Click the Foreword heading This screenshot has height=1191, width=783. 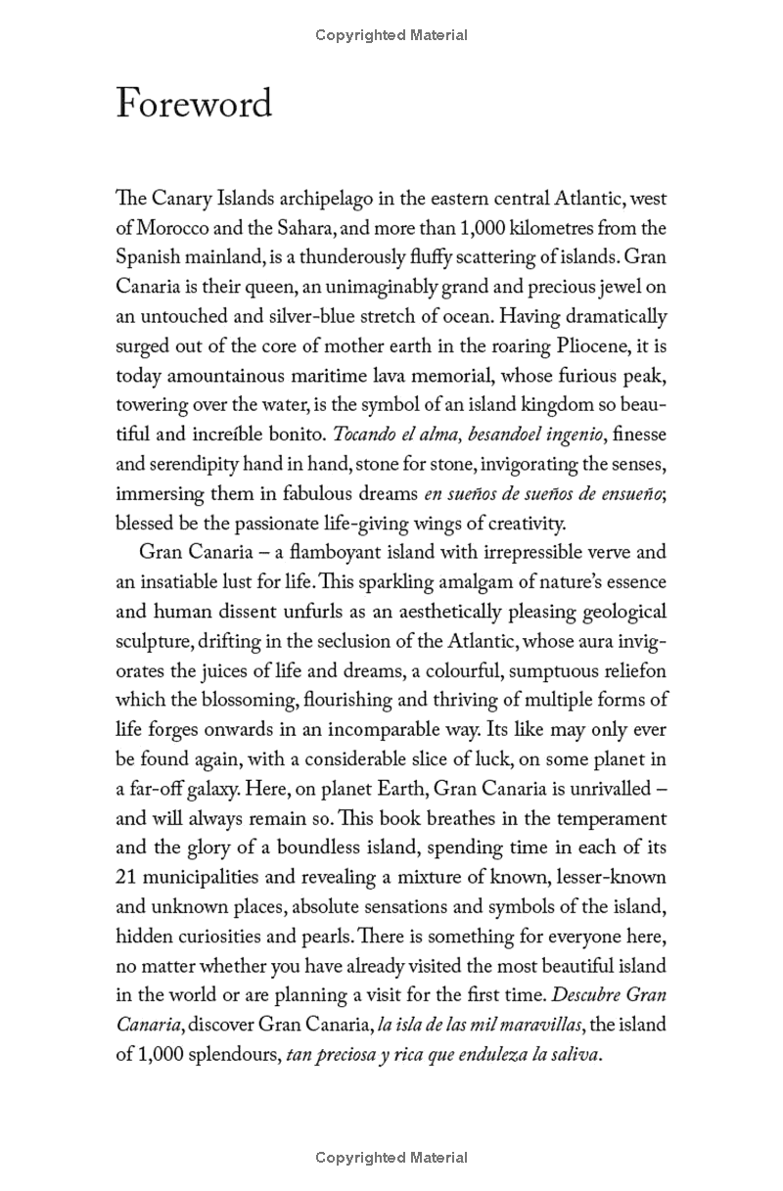click(x=194, y=103)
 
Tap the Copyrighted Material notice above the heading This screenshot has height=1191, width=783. click(x=391, y=35)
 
